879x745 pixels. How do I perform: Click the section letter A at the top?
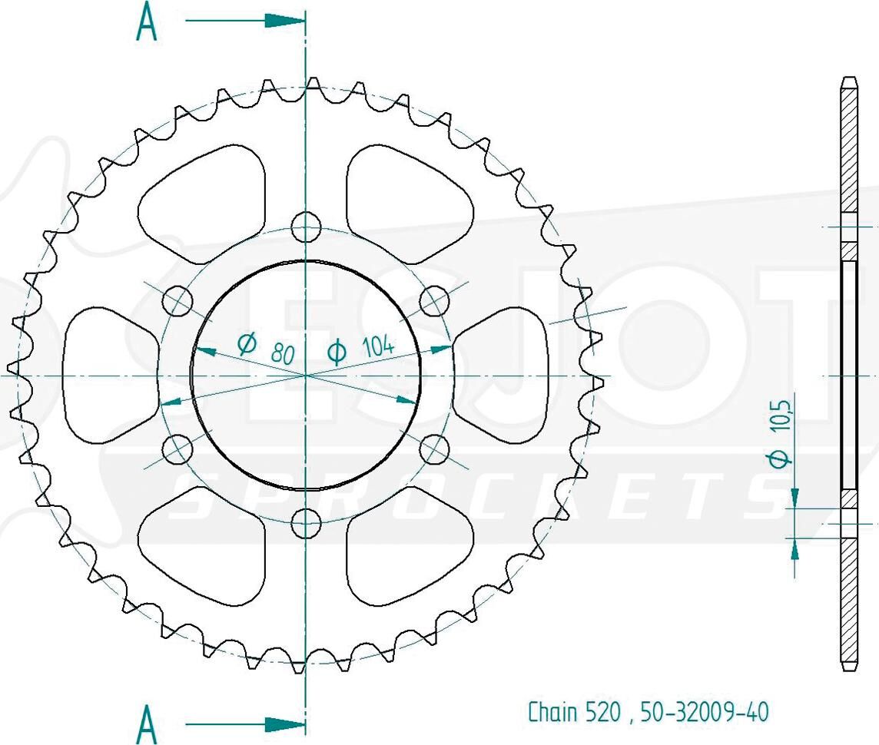coord(146,22)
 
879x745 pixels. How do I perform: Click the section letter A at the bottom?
coord(146,723)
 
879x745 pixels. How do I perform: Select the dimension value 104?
coord(378,346)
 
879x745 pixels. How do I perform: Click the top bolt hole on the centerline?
coord(306,227)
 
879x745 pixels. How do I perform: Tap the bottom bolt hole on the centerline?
coord(306,524)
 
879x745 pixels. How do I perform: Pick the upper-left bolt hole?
coord(177,301)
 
